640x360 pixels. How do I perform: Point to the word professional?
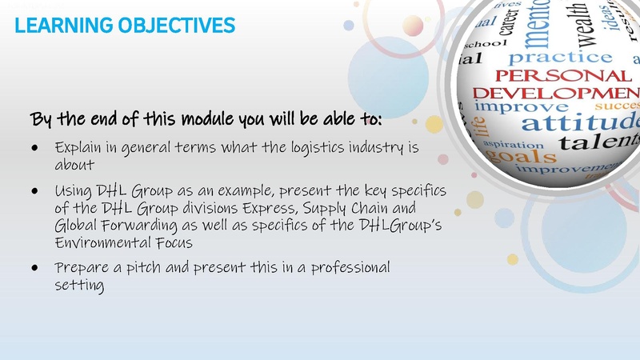[x=350, y=267]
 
